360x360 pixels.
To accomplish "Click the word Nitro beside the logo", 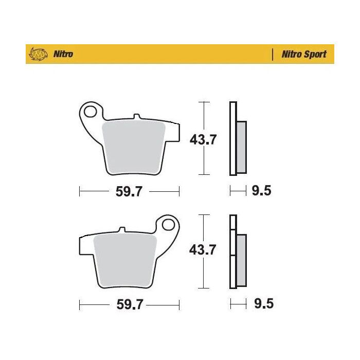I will [x=63, y=54].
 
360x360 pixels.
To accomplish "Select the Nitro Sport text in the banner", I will [x=303, y=54].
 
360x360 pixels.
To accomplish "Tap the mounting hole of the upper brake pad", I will [x=92, y=111].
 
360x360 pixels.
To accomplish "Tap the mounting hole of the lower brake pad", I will [x=168, y=225].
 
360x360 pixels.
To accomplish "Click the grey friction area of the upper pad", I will [x=134, y=147].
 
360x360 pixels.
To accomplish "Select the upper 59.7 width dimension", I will [x=129, y=192].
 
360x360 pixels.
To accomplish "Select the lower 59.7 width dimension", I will [x=129, y=305].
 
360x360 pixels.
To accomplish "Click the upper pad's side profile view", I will [x=237, y=139].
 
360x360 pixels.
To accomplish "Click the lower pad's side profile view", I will [x=237, y=252].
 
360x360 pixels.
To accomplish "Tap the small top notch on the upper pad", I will [x=136, y=117].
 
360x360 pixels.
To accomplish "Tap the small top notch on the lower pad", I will [x=122, y=230].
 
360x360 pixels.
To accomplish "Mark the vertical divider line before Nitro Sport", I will [x=272, y=54].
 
